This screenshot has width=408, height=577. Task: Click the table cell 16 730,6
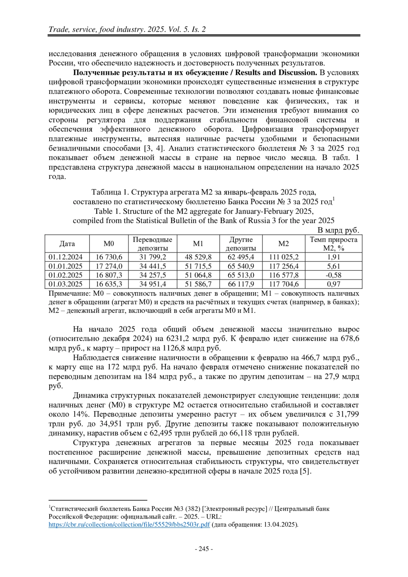click(x=109, y=257)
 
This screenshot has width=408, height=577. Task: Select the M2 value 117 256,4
click(x=284, y=266)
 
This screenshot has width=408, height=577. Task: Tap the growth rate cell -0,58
click(x=334, y=275)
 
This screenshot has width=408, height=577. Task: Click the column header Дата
click(x=67, y=244)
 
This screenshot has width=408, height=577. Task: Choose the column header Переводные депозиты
click(x=152, y=244)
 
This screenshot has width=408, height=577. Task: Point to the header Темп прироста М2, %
click(x=334, y=244)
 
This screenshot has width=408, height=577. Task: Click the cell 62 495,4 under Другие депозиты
click(x=241, y=257)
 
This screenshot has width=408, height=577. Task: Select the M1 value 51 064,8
click(x=198, y=275)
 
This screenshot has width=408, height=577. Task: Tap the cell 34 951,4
click(x=152, y=284)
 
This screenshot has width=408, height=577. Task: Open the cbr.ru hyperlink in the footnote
click(x=129, y=524)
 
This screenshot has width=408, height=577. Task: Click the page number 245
click(x=204, y=549)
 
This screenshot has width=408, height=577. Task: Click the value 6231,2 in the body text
click(x=178, y=339)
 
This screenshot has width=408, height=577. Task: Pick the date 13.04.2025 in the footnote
click(x=280, y=524)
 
